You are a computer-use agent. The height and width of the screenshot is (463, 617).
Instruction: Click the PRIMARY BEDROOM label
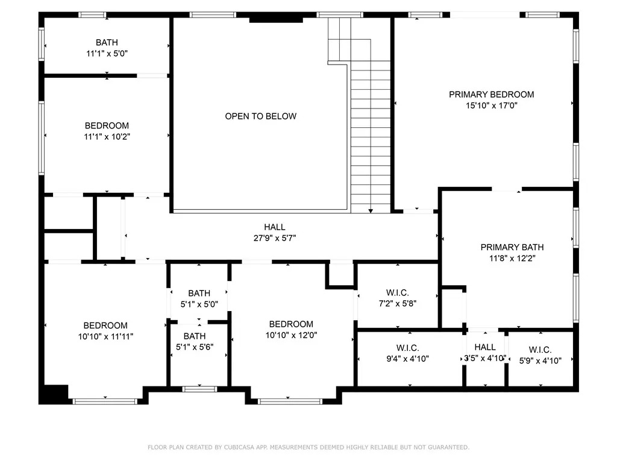click(492, 95)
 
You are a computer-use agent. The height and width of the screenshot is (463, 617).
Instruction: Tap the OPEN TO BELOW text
click(260, 116)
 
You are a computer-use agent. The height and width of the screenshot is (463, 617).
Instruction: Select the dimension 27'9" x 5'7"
click(275, 238)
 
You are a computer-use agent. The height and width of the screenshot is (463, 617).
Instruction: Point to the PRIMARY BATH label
click(512, 247)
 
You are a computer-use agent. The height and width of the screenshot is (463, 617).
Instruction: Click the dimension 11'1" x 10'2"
click(107, 137)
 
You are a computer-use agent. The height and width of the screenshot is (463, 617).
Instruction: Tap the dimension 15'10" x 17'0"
click(492, 106)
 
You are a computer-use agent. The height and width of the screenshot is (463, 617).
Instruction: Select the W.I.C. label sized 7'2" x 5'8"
click(398, 292)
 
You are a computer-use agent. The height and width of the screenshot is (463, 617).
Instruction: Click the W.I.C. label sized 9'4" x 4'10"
click(408, 348)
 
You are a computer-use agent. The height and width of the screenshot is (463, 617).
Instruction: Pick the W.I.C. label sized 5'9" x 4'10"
click(540, 350)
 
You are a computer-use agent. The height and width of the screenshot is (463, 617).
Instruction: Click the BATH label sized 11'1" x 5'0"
click(107, 42)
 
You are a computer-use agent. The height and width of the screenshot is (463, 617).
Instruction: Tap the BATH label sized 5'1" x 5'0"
click(199, 293)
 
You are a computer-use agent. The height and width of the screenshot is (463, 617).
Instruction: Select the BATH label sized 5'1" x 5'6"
click(195, 336)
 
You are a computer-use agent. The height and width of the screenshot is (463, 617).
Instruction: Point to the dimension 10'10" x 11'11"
click(105, 336)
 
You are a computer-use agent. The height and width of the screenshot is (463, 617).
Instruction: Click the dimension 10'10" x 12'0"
click(291, 335)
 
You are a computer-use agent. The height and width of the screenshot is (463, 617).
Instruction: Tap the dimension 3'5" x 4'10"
click(485, 358)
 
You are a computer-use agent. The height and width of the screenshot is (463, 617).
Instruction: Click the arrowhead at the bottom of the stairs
click(371, 211)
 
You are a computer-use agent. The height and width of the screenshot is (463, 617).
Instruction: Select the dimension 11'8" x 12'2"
click(512, 258)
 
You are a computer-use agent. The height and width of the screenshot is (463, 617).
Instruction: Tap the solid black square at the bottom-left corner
click(54, 394)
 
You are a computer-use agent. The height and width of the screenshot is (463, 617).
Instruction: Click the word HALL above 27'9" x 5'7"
click(275, 227)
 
